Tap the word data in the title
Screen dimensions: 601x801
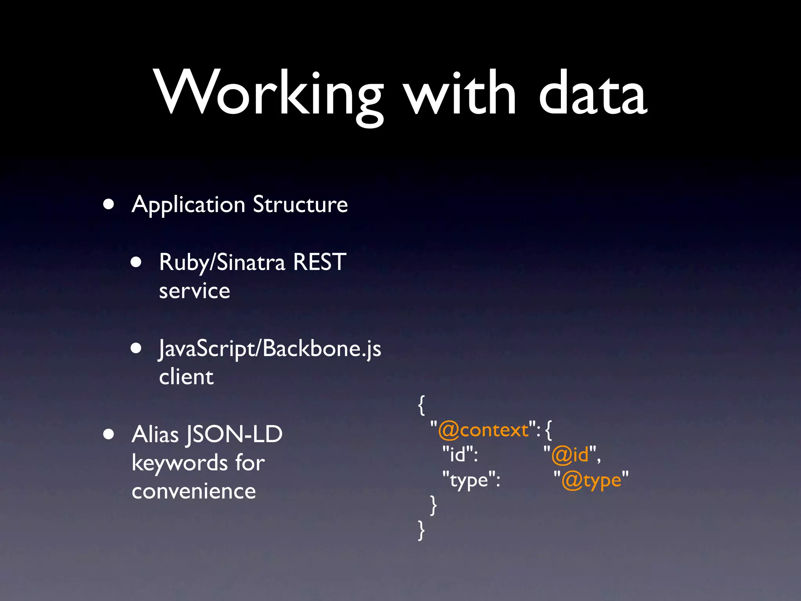pyautogui.click(x=592, y=94)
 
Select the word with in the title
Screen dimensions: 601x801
pyautogui.click(x=460, y=94)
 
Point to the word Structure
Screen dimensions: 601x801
pyautogui.click(x=300, y=204)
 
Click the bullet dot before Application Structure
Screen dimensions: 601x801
pyautogui.click(x=109, y=204)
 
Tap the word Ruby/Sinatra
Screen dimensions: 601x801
pyautogui.click(x=222, y=263)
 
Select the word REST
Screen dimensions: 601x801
pyautogui.click(x=320, y=262)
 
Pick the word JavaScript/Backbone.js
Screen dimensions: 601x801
pyautogui.click(x=270, y=349)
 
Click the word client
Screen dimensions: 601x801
pyautogui.click(x=186, y=377)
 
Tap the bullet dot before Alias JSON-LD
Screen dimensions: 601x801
pyautogui.click(x=109, y=434)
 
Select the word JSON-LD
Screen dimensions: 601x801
pyautogui.click(x=234, y=435)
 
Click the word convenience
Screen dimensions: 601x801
pyautogui.click(x=194, y=491)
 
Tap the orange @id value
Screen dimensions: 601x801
pyautogui.click(x=570, y=455)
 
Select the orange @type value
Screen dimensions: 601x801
pyautogui.click(x=591, y=480)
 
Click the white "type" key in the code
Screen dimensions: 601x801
pyautogui.click(x=470, y=480)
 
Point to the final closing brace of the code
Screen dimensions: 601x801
pyautogui.click(x=421, y=530)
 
